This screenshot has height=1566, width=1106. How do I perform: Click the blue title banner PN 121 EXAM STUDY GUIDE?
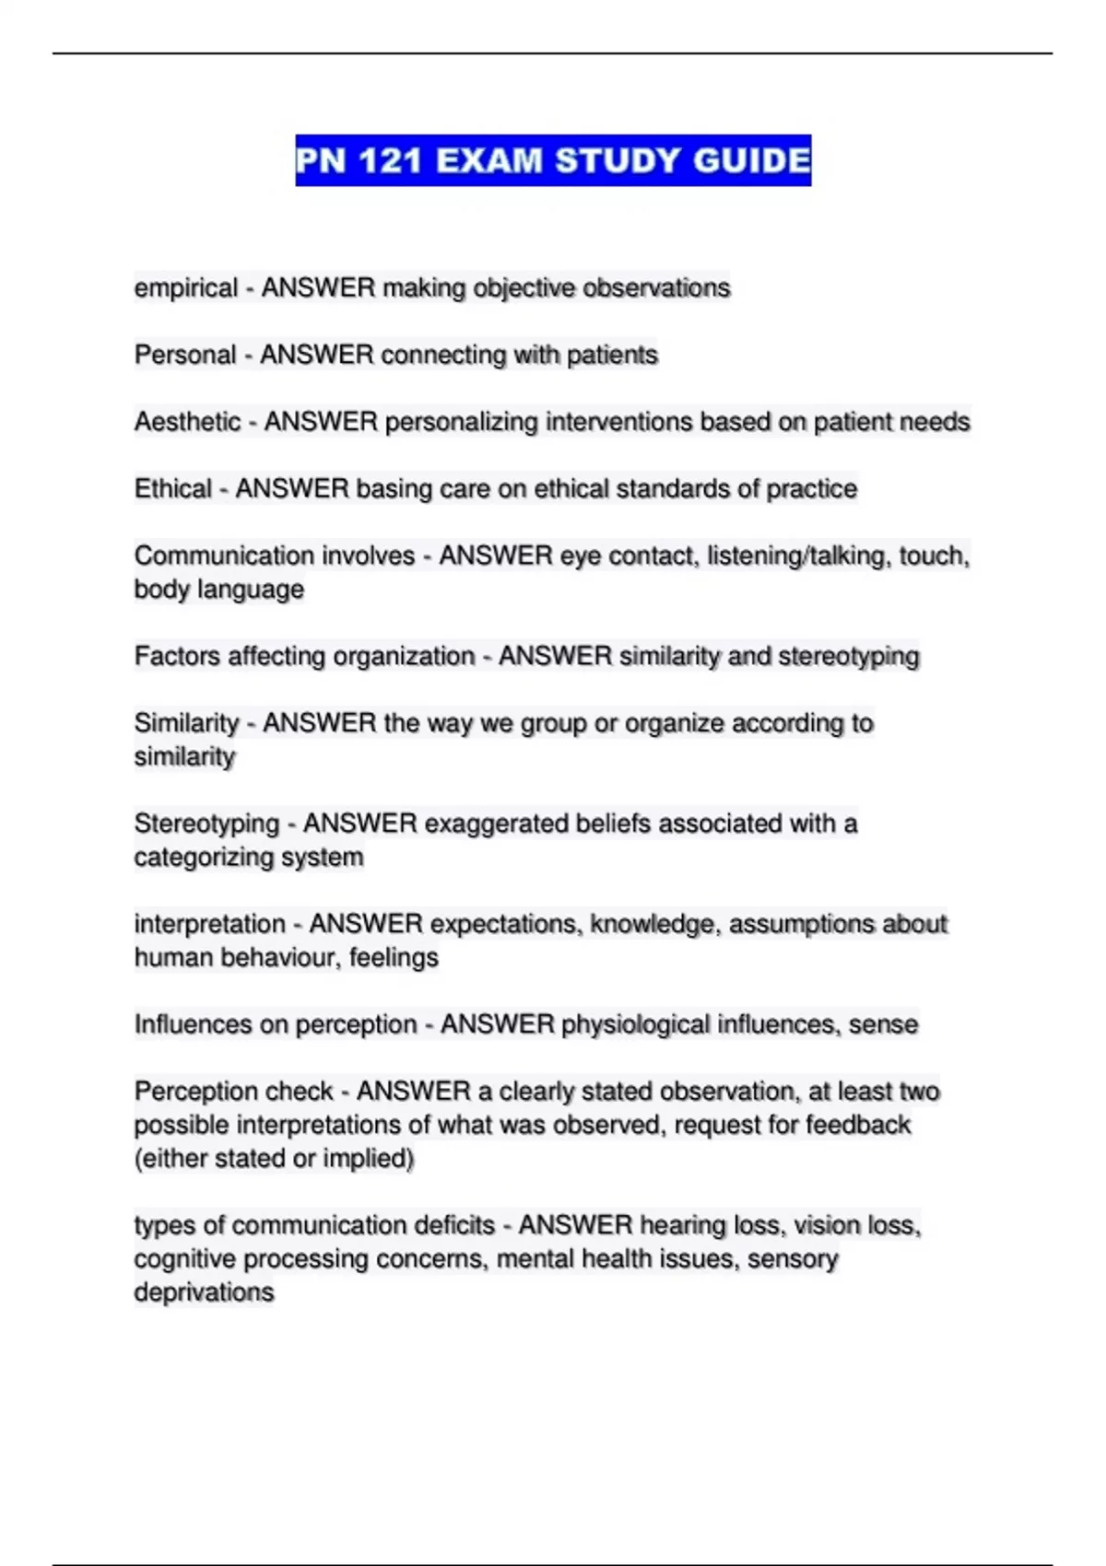pyautogui.click(x=553, y=160)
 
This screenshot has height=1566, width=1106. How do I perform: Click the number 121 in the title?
pyautogui.click(x=391, y=161)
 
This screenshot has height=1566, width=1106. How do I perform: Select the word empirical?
pyautogui.click(x=185, y=288)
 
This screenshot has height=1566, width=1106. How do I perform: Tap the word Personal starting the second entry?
pyautogui.click(x=184, y=355)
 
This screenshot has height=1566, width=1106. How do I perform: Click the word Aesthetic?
pyautogui.click(x=187, y=422)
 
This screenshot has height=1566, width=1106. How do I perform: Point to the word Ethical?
pyautogui.click(x=173, y=488)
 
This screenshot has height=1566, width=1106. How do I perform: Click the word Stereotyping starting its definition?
pyautogui.click(x=206, y=824)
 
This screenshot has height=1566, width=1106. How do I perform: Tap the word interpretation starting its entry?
pyautogui.click(x=209, y=924)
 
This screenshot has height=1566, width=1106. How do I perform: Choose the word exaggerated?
pyautogui.click(x=496, y=824)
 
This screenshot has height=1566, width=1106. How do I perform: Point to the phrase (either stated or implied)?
pyautogui.click(x=274, y=1159)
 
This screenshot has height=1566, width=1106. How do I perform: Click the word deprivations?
pyautogui.click(x=204, y=1292)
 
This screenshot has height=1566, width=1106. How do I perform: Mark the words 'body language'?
pyautogui.click(x=218, y=590)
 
